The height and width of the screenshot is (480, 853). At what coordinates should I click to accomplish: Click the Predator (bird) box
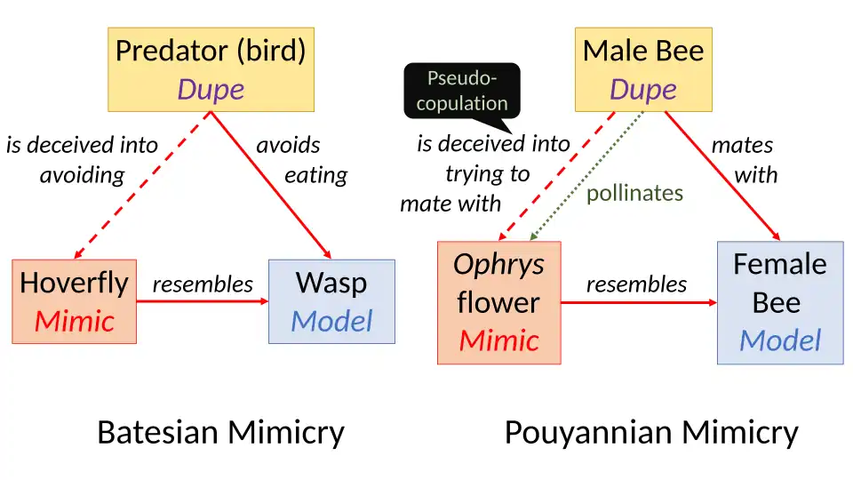(x=211, y=69)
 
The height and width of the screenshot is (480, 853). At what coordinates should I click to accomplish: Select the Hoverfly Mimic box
(x=75, y=301)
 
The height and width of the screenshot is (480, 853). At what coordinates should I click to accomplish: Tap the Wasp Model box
(x=331, y=301)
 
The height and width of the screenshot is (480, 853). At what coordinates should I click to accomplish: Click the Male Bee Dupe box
(x=643, y=69)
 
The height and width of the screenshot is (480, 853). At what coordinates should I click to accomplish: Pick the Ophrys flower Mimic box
(x=498, y=302)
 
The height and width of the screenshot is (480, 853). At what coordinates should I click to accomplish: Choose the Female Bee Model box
(x=779, y=302)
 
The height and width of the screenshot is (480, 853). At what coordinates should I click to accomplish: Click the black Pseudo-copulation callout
(x=462, y=91)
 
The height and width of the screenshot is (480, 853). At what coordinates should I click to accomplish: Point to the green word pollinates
(x=634, y=193)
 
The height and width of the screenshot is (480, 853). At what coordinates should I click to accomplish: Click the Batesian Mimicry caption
(x=220, y=433)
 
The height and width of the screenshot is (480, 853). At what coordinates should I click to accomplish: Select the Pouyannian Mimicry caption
(x=651, y=433)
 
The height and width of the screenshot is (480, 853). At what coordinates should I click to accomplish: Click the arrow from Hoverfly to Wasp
(x=203, y=301)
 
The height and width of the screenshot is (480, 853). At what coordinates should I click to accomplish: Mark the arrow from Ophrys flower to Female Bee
(x=639, y=302)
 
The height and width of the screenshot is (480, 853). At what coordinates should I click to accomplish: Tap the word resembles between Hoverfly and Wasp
(x=203, y=284)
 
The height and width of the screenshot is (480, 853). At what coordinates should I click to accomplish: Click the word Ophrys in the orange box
(x=498, y=264)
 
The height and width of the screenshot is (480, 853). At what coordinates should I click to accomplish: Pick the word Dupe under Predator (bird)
(x=211, y=89)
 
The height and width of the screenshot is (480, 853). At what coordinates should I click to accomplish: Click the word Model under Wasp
(x=331, y=321)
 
